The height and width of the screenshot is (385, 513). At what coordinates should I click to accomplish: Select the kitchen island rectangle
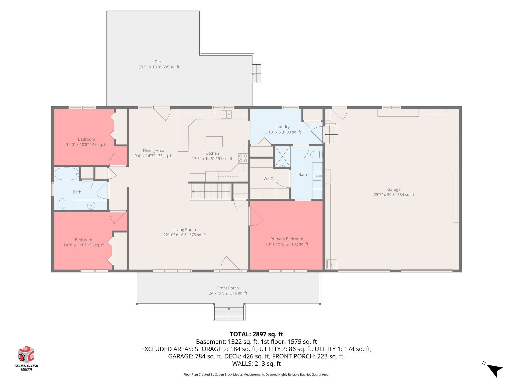(214, 142)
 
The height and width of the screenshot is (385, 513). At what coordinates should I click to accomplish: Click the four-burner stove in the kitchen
(243, 158)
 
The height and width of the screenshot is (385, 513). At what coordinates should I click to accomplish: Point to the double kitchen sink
(226, 114)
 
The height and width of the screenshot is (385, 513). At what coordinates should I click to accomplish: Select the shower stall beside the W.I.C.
(282, 157)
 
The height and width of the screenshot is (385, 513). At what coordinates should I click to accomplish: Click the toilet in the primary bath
(316, 155)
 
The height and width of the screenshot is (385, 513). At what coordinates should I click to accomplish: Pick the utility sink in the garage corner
(332, 264)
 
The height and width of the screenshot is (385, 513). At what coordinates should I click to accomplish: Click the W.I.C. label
(269, 179)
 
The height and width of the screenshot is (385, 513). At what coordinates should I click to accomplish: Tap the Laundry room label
(282, 127)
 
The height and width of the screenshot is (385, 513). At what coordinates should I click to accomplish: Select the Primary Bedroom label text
(287, 239)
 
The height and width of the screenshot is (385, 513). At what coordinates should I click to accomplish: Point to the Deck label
(159, 62)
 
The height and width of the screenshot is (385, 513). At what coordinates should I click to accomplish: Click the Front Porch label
(228, 288)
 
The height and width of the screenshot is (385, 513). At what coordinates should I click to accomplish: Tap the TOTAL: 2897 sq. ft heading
(256, 334)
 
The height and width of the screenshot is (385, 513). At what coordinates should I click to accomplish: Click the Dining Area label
(154, 150)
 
